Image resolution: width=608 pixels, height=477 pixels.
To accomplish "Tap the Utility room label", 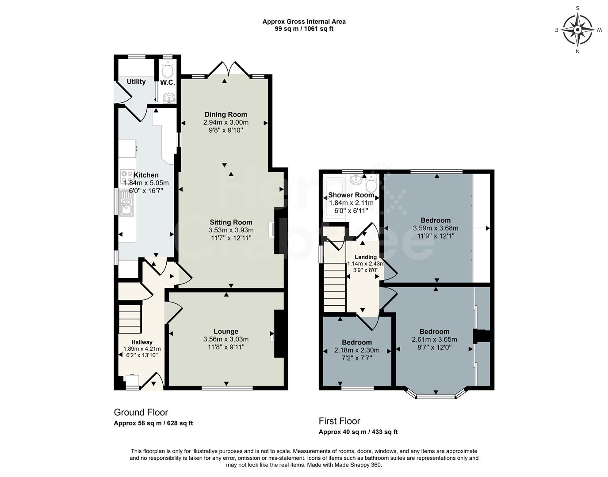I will point(136,82).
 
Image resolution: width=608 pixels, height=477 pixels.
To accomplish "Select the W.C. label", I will point(168,83).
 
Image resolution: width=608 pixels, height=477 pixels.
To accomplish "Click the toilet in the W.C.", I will point(168,69).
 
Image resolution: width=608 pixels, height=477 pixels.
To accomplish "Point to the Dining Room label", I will point(226,114).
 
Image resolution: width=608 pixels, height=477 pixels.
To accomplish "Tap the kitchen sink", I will point(126,207).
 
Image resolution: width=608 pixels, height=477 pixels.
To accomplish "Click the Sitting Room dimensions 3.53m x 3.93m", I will point(231,230).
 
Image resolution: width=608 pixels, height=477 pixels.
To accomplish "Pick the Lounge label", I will point(226,331).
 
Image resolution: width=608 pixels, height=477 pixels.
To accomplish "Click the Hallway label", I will point(141,342).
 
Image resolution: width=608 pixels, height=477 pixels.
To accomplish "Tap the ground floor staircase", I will point(130,318).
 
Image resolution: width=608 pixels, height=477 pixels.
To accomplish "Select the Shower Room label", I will point(351,195).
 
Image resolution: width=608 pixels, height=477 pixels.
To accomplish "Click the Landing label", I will point(366,257).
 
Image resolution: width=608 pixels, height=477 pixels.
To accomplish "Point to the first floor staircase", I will point(334,283).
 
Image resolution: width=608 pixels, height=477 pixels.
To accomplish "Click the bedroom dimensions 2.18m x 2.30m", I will point(356,350).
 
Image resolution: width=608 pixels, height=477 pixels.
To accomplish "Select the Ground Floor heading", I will point(141,412).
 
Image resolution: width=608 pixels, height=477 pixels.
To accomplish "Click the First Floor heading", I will point(339,421).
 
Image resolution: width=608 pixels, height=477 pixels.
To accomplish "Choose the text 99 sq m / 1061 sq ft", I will point(304,29).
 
